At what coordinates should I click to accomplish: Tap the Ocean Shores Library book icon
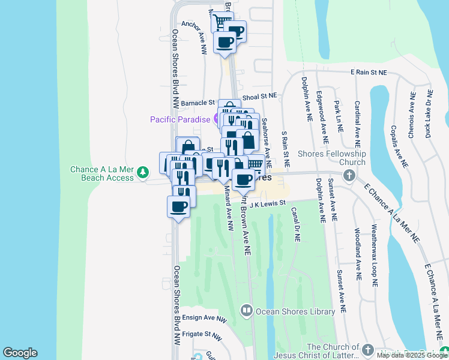point(246,311)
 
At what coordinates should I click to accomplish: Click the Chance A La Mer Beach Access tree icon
point(142,173)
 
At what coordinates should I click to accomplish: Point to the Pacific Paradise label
point(179,119)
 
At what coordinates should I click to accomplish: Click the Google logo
point(20,353)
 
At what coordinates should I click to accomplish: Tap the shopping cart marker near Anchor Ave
point(221,22)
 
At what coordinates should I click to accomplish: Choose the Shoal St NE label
point(260,96)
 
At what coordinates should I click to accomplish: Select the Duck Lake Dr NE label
point(430,114)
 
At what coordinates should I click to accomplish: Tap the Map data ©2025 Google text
point(412,355)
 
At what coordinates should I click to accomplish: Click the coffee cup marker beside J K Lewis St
point(178,206)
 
